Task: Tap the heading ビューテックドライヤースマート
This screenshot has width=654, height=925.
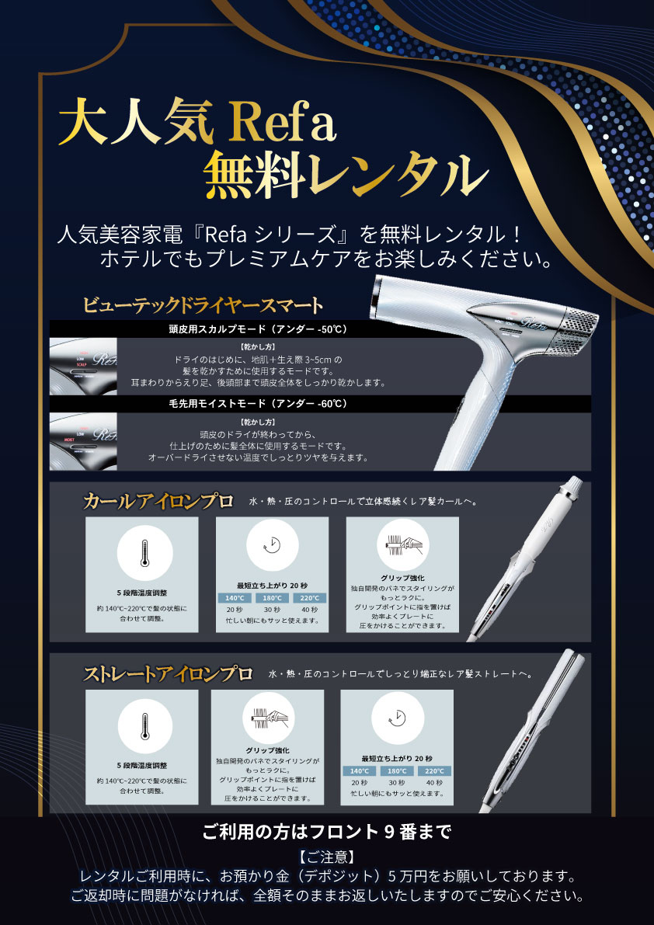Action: pyautogui.click(x=203, y=306)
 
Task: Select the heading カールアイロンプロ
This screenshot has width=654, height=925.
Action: pyautogui.click(x=158, y=502)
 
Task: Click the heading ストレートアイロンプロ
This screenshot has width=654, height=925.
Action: pyautogui.click(x=168, y=673)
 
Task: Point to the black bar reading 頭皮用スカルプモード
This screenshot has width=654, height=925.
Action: pyautogui.click(x=320, y=329)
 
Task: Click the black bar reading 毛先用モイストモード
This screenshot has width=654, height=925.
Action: pyautogui.click(x=320, y=404)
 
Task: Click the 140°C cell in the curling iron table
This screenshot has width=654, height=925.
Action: pyautogui.click(x=235, y=597)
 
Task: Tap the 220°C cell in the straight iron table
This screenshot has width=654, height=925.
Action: pyautogui.click(x=435, y=770)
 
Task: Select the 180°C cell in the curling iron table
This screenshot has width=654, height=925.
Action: pyautogui.click(x=273, y=597)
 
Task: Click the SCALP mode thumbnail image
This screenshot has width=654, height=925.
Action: pyautogui.click(x=83, y=367)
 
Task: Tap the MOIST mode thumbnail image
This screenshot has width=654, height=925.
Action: pyautogui.click(x=83, y=441)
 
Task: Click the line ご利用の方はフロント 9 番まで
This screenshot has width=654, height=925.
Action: pyautogui.click(x=327, y=832)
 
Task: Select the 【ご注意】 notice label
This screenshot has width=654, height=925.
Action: pyautogui.click(x=326, y=856)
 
